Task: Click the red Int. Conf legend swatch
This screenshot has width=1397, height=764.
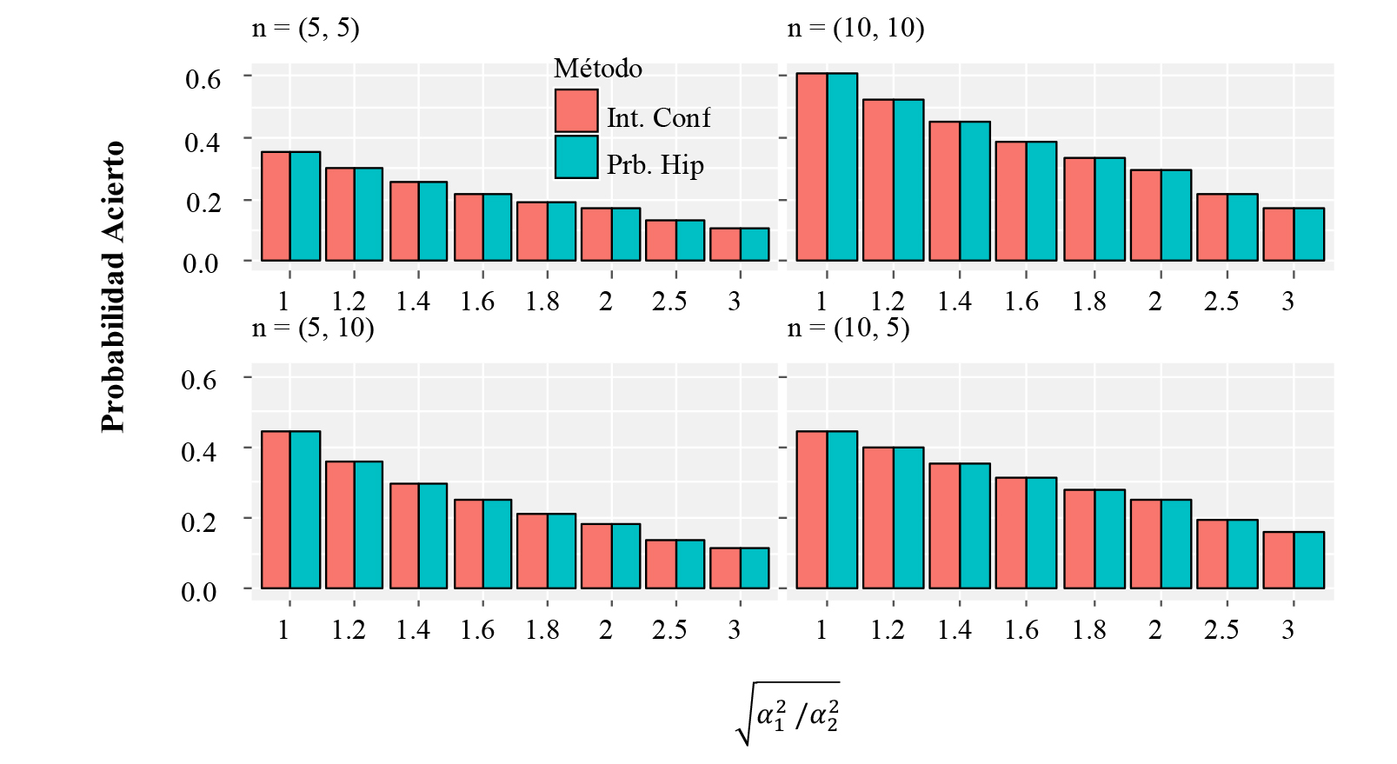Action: pyautogui.click(x=576, y=111)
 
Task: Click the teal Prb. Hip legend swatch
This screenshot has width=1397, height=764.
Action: pyautogui.click(x=576, y=157)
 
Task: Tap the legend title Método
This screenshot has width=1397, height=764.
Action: pyautogui.click(x=598, y=69)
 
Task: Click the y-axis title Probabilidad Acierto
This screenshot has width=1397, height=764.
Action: pyautogui.click(x=113, y=287)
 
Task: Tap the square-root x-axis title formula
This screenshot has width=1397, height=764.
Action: pyautogui.click(x=788, y=714)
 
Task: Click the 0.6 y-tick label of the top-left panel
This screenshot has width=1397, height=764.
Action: pyautogui.click(x=203, y=79)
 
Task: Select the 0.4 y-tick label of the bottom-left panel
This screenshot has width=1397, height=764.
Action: pyautogui.click(x=199, y=451)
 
